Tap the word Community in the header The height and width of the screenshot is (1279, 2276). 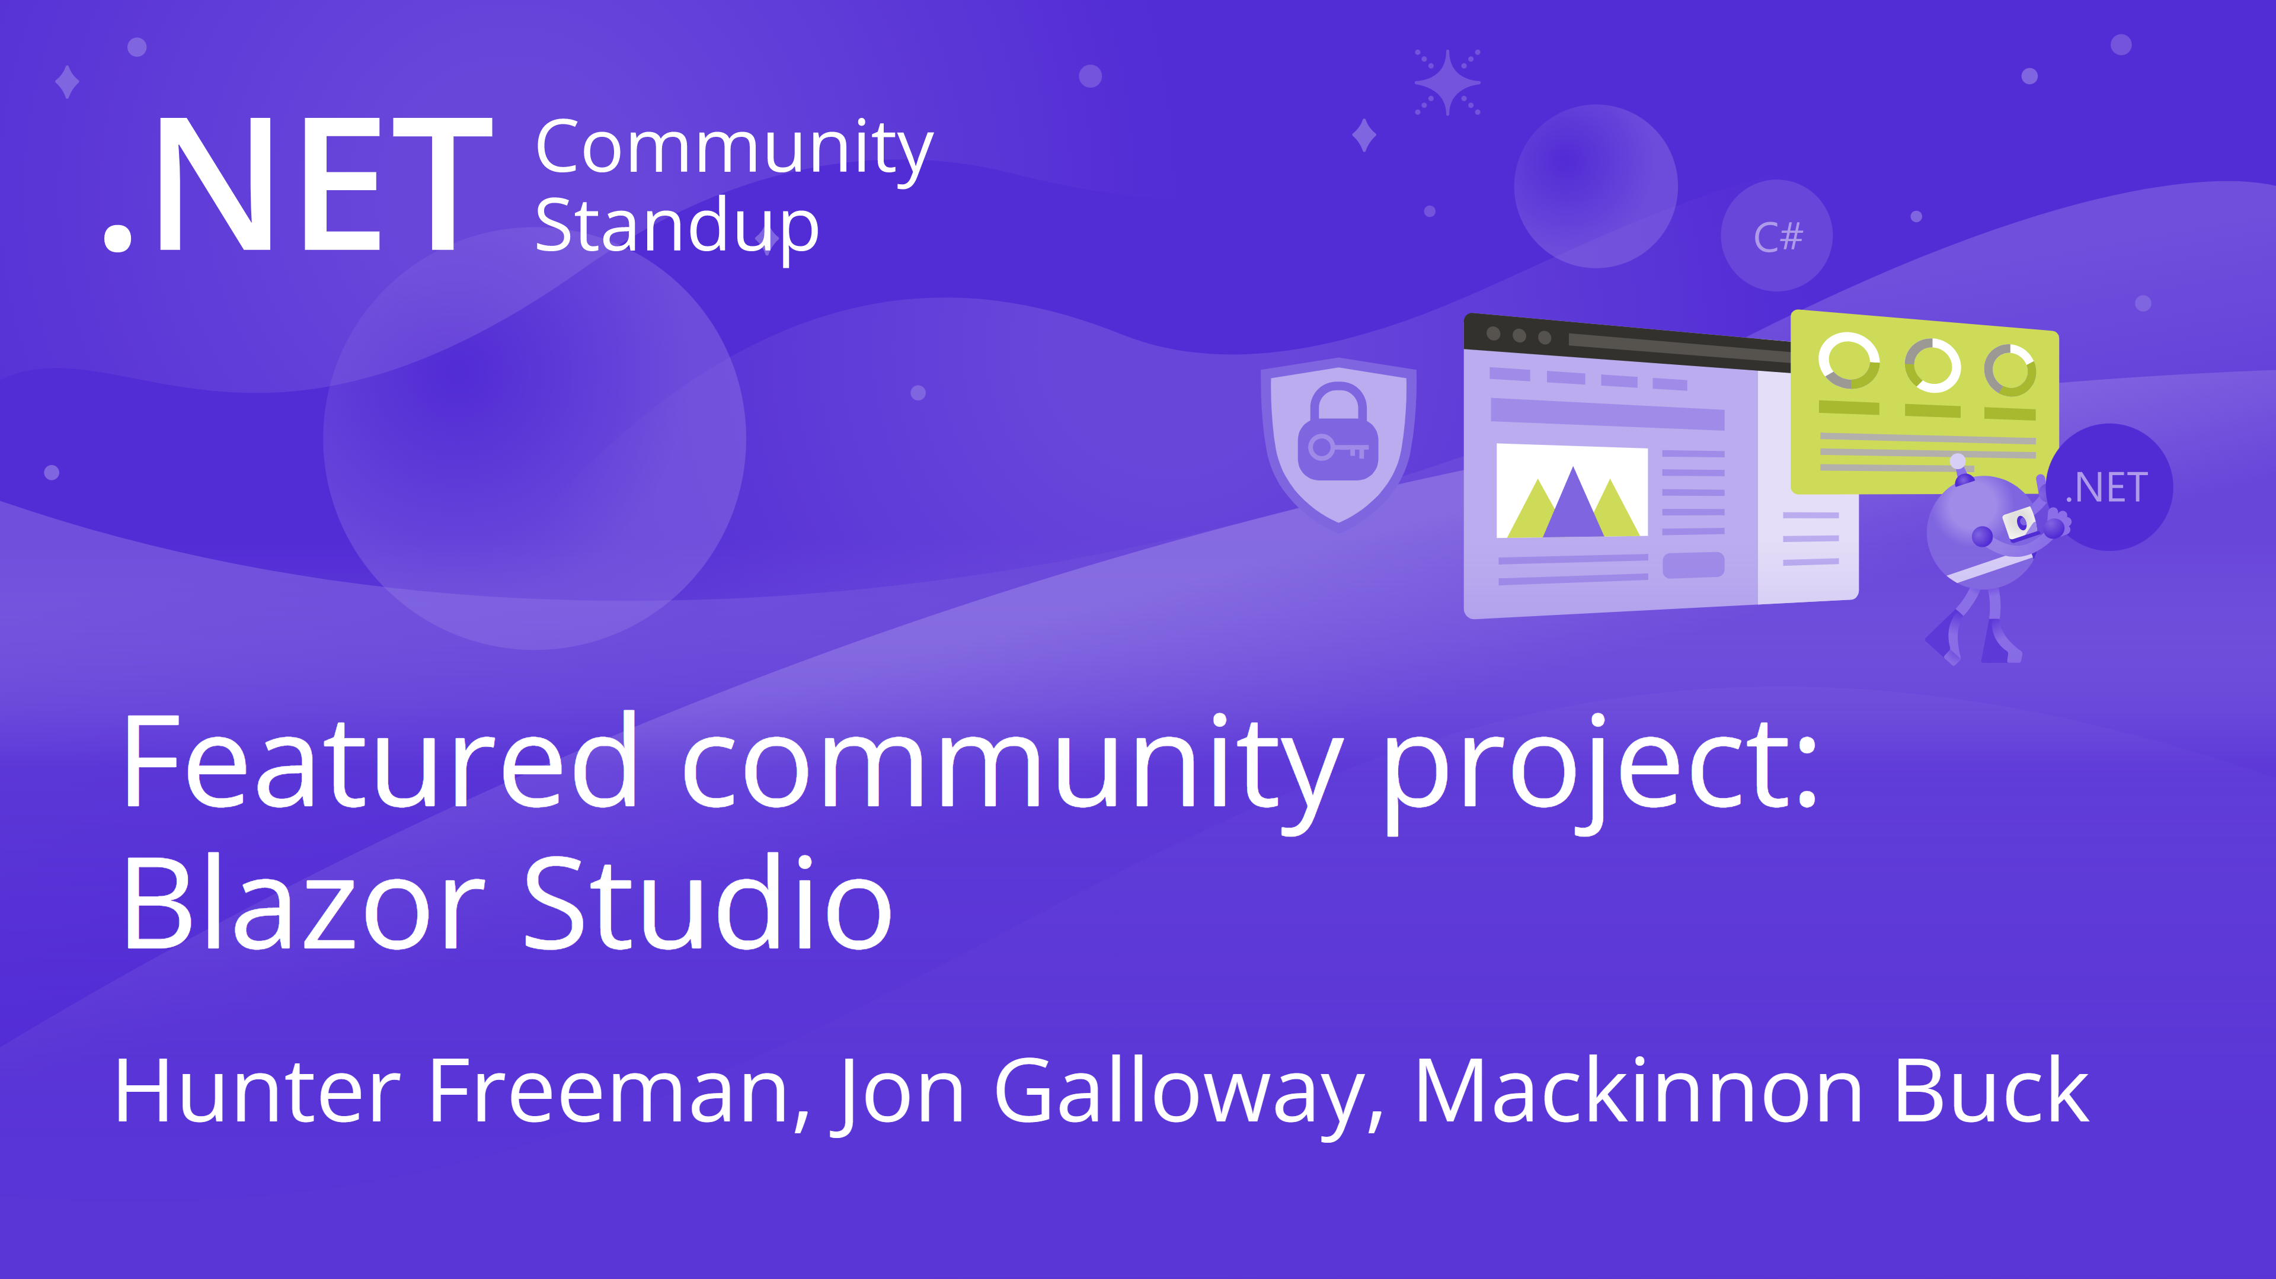click(733, 148)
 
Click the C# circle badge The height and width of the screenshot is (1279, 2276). click(1777, 236)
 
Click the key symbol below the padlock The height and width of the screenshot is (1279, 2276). click(1338, 448)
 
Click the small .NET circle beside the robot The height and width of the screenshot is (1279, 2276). click(2110, 488)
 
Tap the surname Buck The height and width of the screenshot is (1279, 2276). click(1991, 1092)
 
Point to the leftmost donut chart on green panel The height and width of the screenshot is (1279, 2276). click(1849, 360)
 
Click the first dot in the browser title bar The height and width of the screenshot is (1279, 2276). click(1493, 333)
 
